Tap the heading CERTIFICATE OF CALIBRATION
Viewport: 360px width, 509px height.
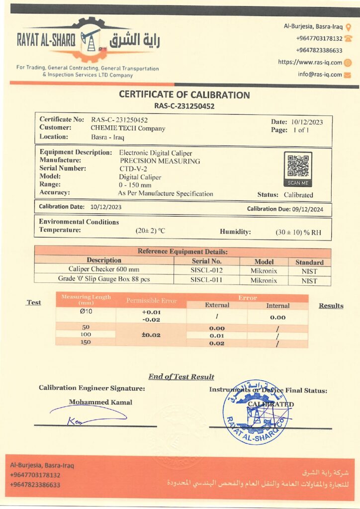184,95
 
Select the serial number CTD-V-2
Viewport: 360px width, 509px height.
131,169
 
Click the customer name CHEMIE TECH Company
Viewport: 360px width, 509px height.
128,128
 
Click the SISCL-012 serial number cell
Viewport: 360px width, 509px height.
207,271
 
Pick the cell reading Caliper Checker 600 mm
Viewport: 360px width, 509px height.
104,269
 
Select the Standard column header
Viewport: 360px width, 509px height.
309,262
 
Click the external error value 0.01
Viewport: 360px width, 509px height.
217,336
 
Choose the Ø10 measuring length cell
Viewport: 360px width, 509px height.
86,312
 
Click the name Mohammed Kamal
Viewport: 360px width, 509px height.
100,402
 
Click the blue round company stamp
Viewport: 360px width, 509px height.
255,412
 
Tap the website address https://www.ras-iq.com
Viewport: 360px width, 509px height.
310,62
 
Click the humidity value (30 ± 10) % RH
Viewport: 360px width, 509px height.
298,232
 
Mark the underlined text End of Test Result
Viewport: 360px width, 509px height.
181,376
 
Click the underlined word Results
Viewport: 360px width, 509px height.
331,306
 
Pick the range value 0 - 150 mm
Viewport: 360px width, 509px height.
135,185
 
